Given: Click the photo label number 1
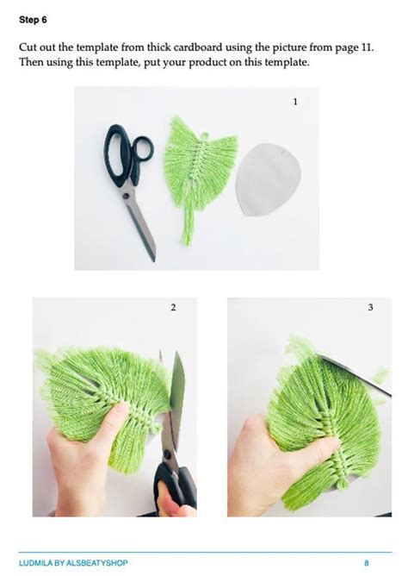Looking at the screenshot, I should [x=295, y=102].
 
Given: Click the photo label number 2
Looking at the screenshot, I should [x=172, y=307].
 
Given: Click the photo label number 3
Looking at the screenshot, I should [x=370, y=307].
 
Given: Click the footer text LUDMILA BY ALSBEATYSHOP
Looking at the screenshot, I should [x=73, y=562].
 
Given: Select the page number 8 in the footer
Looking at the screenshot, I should [x=366, y=562].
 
